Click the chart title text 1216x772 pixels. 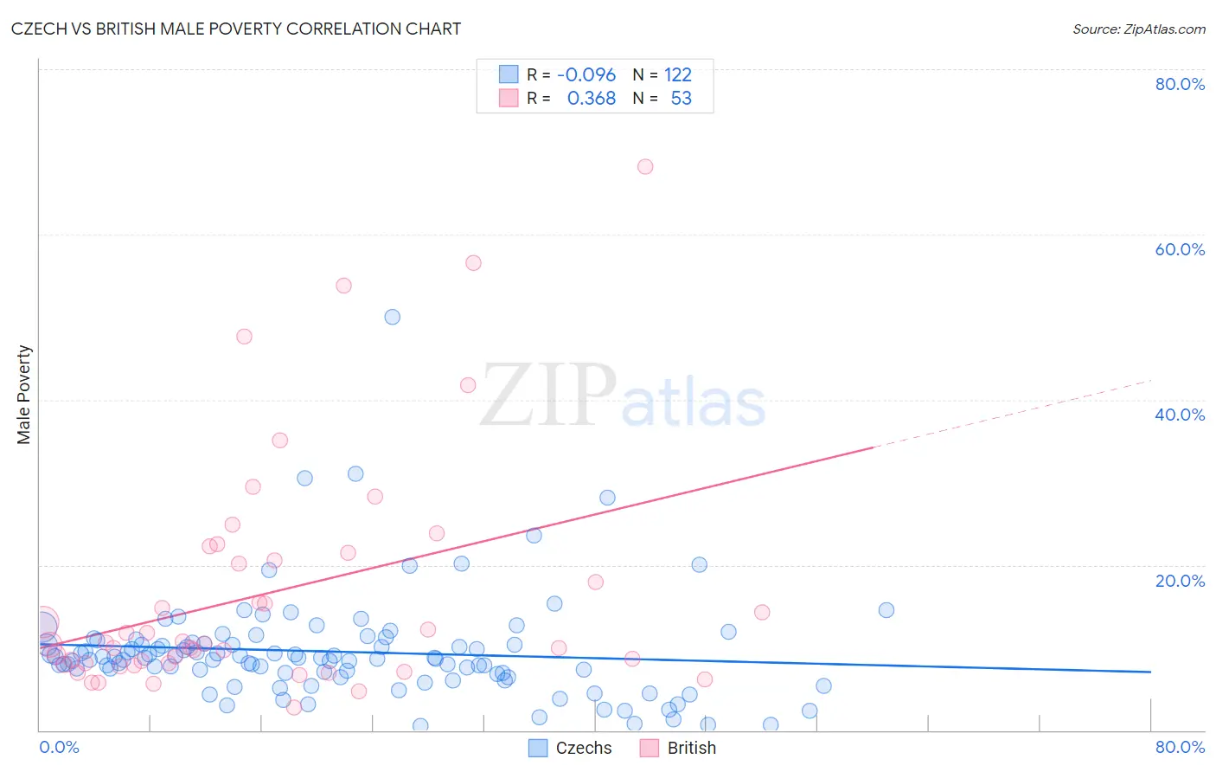click(x=235, y=29)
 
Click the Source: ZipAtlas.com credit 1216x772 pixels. click(x=1138, y=29)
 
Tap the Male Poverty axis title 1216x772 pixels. click(x=23, y=395)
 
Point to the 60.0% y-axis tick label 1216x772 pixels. click(x=1180, y=249)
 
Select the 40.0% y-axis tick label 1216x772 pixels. click(x=1180, y=415)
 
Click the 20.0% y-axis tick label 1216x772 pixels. click(x=1180, y=581)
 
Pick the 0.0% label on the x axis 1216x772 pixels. click(x=59, y=747)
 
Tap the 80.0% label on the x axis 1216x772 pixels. click(x=1180, y=747)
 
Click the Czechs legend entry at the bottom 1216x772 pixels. click(x=571, y=748)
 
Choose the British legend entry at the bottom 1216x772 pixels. click(x=679, y=748)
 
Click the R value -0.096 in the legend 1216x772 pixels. click(x=586, y=74)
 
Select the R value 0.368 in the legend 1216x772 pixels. click(x=592, y=98)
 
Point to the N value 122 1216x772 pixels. click(x=678, y=74)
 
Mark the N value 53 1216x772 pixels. click(x=682, y=98)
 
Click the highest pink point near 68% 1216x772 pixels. click(x=645, y=166)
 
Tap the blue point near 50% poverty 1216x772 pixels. click(x=393, y=317)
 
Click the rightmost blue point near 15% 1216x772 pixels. click(x=886, y=610)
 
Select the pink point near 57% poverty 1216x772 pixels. click(x=473, y=263)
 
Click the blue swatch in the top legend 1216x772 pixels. click(x=509, y=74)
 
